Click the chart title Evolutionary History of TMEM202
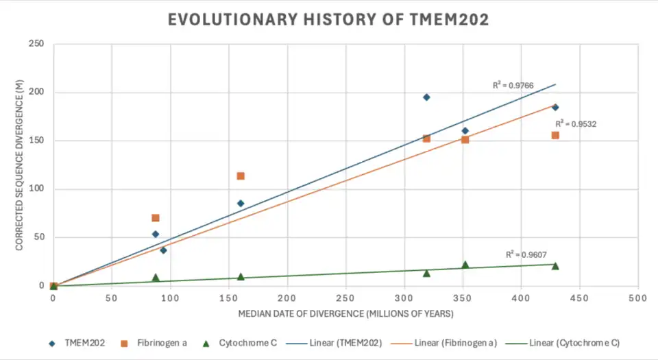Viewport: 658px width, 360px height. coord(328,19)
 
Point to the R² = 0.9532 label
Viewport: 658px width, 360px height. coord(576,124)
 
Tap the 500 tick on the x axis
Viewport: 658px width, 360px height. coord(637,298)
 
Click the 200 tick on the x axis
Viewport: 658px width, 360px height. coord(287,298)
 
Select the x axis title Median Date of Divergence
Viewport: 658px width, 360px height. coord(346,313)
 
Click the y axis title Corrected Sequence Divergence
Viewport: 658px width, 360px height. coord(19,165)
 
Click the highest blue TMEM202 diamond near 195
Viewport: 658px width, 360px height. coord(426,97)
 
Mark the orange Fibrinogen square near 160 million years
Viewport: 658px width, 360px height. coord(241,176)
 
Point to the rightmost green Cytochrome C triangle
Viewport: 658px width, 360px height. coord(555,266)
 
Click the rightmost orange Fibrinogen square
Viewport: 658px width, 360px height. coord(555,135)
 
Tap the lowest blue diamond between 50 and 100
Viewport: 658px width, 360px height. coord(163,250)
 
